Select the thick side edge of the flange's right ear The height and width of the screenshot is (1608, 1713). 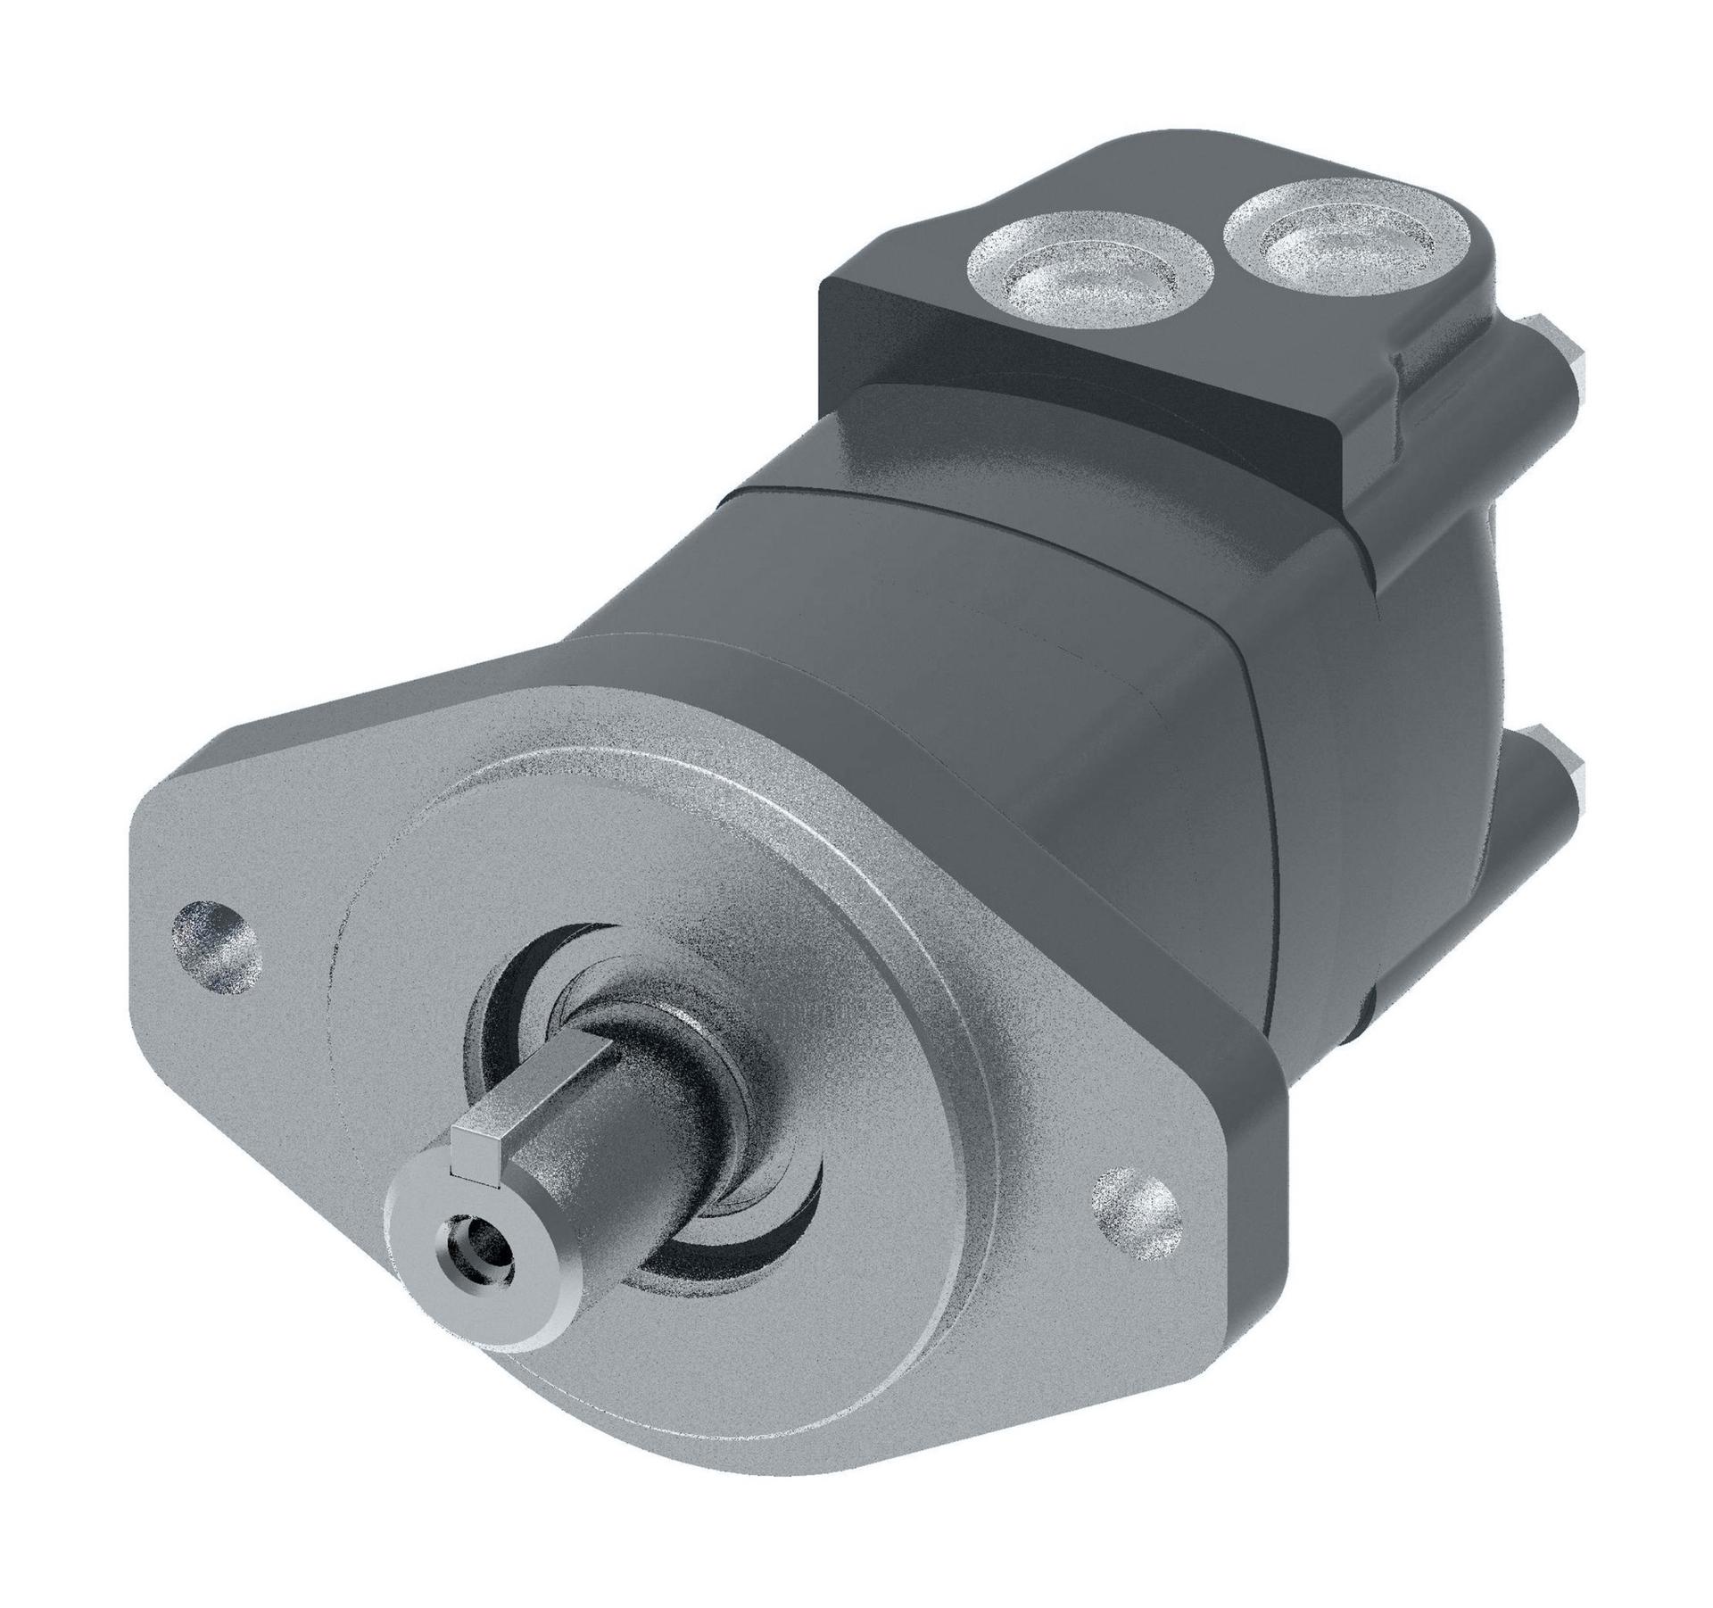(1249, 1249)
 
